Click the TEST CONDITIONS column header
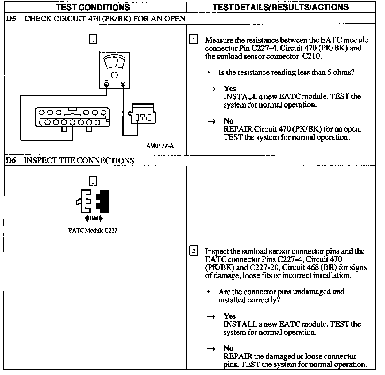(93, 7)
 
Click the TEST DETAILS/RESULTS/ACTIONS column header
(281, 7)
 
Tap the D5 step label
(11, 19)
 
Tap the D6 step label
(11, 160)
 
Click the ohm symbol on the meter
(114, 75)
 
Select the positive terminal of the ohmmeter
(106, 84)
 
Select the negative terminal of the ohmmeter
(123, 84)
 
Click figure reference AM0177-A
(160, 146)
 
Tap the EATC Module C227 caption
(93, 231)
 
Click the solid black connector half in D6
(103, 201)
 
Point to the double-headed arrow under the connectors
(94, 219)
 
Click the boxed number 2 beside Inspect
(194, 251)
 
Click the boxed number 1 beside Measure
(194, 40)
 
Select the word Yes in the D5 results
(230, 89)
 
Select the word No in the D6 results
(229, 348)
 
